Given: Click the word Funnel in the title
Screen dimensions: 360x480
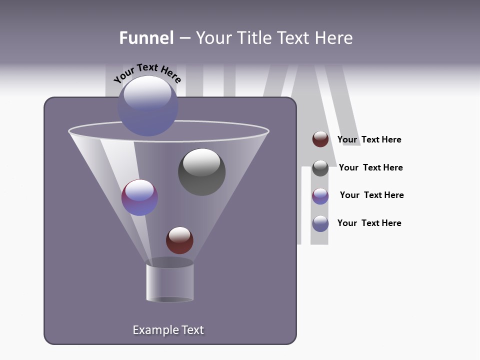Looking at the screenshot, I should [x=146, y=38].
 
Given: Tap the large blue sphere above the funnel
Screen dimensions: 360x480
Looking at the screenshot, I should [x=147, y=106].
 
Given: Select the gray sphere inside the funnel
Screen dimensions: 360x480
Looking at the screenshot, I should [x=202, y=172].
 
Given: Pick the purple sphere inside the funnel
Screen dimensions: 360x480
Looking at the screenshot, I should [x=139, y=197].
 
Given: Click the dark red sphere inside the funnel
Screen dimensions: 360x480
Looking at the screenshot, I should [x=179, y=240].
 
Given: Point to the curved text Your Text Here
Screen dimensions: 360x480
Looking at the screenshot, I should [x=147, y=73].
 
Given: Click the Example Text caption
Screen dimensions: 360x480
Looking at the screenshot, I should [x=168, y=330].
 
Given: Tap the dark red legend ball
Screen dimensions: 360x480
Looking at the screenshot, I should [x=320, y=139].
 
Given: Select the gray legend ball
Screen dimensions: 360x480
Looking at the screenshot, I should [x=320, y=168].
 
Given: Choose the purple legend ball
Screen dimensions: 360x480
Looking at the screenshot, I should [x=320, y=196].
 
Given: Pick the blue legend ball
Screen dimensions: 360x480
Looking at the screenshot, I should [x=320, y=223].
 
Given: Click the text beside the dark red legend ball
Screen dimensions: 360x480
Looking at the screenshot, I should [x=369, y=140].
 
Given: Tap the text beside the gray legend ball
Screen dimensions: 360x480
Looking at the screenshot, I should [x=370, y=168].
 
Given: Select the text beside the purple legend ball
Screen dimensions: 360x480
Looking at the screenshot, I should [x=371, y=195].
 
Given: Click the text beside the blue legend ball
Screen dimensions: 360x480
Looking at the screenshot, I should [x=369, y=223].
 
